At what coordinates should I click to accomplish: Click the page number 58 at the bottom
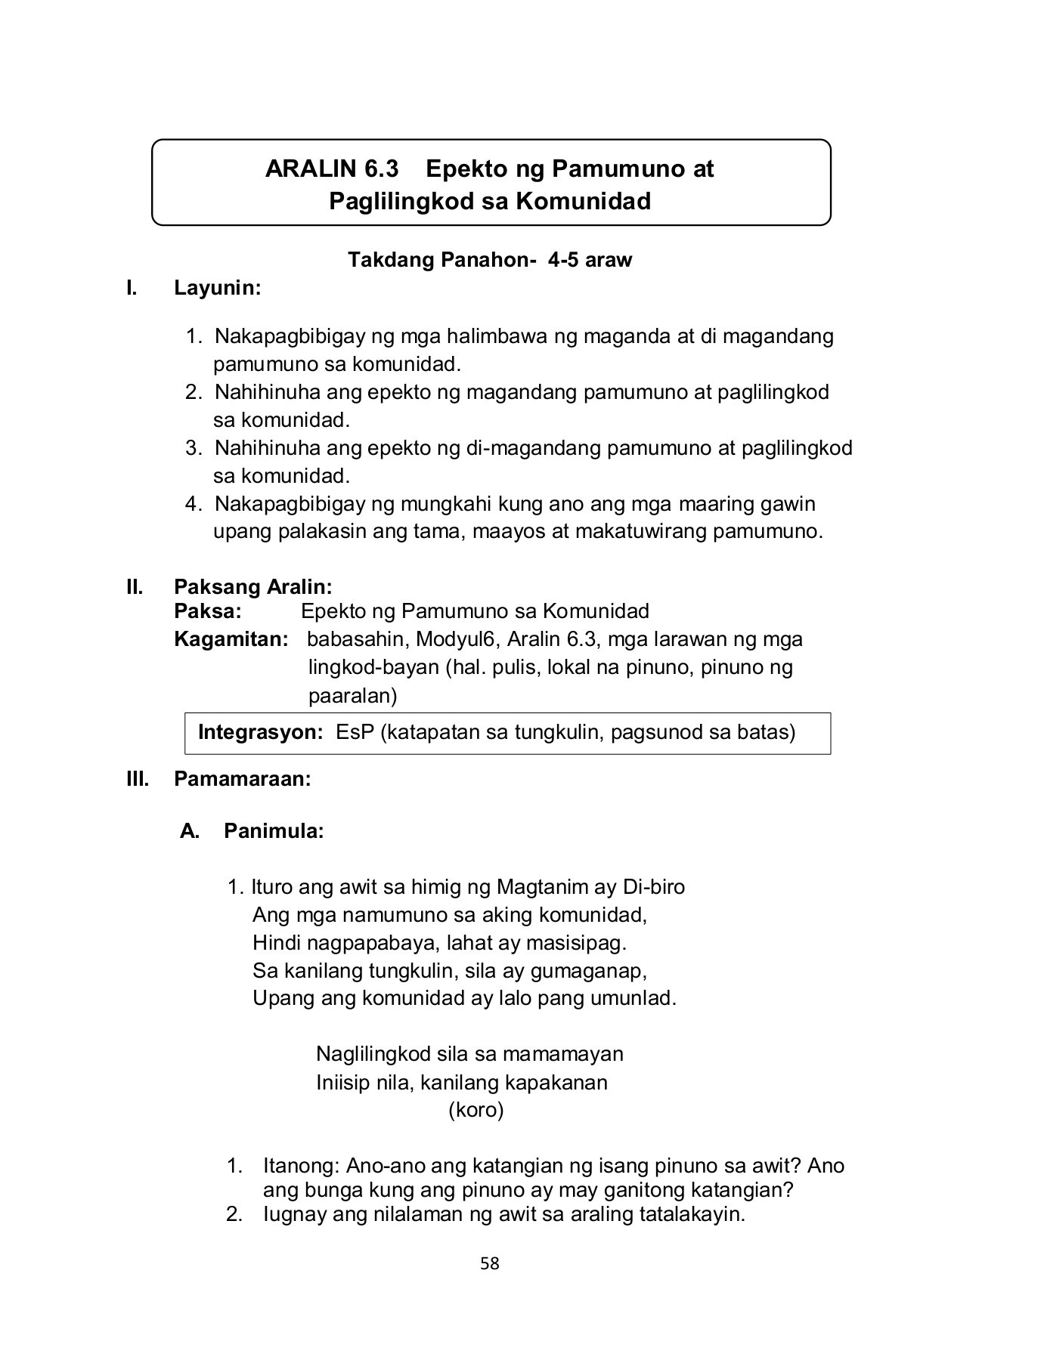click(489, 1263)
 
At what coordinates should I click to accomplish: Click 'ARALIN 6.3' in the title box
click(331, 168)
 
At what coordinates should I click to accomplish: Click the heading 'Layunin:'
click(217, 288)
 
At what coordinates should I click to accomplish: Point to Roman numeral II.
click(135, 586)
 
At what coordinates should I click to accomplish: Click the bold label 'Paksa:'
click(207, 610)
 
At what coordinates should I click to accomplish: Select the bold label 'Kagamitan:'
click(231, 639)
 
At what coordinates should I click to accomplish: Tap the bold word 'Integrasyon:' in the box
click(260, 732)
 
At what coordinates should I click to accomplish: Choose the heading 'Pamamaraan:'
click(242, 779)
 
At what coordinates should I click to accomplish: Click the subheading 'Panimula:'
click(274, 831)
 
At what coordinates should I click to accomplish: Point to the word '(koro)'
click(476, 1110)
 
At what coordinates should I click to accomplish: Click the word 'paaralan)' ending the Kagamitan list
click(352, 695)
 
